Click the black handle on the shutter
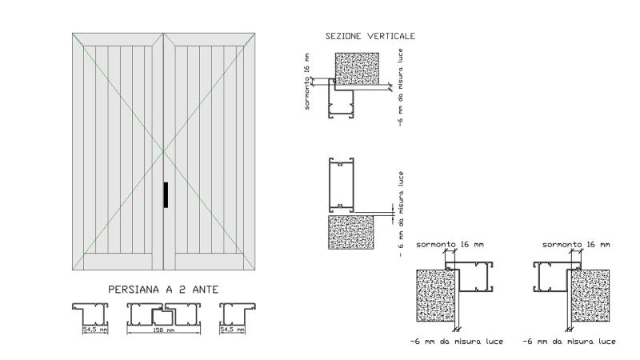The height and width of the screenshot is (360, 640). pyautogui.click(x=166, y=194)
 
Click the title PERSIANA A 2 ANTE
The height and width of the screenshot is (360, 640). pyautogui.click(x=163, y=290)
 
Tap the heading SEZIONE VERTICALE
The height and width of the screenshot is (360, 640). pyautogui.click(x=370, y=36)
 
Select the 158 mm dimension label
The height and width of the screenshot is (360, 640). pyautogui.click(x=163, y=330)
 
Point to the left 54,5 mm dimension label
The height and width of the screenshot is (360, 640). pyautogui.click(x=95, y=330)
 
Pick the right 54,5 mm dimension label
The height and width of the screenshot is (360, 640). pyautogui.click(x=232, y=330)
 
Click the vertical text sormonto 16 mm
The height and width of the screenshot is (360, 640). pyautogui.click(x=307, y=82)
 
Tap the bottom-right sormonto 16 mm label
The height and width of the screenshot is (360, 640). pyautogui.click(x=576, y=245)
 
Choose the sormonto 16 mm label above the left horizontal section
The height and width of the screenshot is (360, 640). pyautogui.click(x=450, y=245)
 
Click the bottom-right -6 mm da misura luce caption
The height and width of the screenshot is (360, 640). pyautogui.click(x=569, y=342)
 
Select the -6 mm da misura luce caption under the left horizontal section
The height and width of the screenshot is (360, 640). pyautogui.click(x=457, y=342)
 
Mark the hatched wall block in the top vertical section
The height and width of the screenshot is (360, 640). pyautogui.click(x=357, y=69)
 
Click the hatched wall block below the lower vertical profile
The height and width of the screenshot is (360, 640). pyautogui.click(x=351, y=232)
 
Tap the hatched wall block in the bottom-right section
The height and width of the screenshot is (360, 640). pyautogui.click(x=590, y=295)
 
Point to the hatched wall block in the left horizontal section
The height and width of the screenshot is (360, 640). pyautogui.click(x=435, y=295)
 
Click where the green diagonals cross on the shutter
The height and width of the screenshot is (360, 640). pyautogui.click(x=164, y=151)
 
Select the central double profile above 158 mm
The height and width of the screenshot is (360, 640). pyautogui.click(x=164, y=314)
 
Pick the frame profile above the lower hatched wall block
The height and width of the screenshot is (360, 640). pyautogui.click(x=342, y=185)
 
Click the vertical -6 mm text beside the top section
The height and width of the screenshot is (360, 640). pyautogui.click(x=401, y=87)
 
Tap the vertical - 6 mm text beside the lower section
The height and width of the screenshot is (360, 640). pyautogui.click(x=401, y=214)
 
